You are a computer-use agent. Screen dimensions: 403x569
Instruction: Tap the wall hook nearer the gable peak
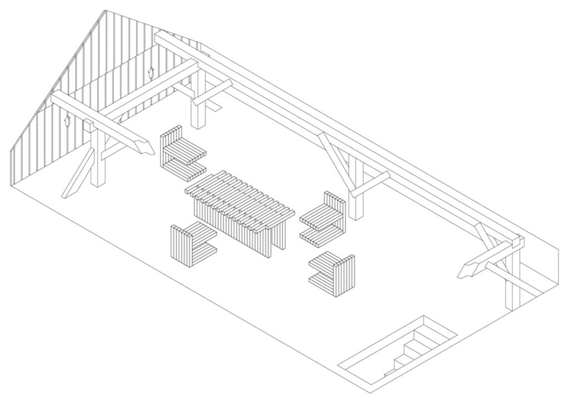pos(150,72)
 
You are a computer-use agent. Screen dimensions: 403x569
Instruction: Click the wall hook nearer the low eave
pos(67,120)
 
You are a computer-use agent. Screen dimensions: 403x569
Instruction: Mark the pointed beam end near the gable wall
pos(146,147)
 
